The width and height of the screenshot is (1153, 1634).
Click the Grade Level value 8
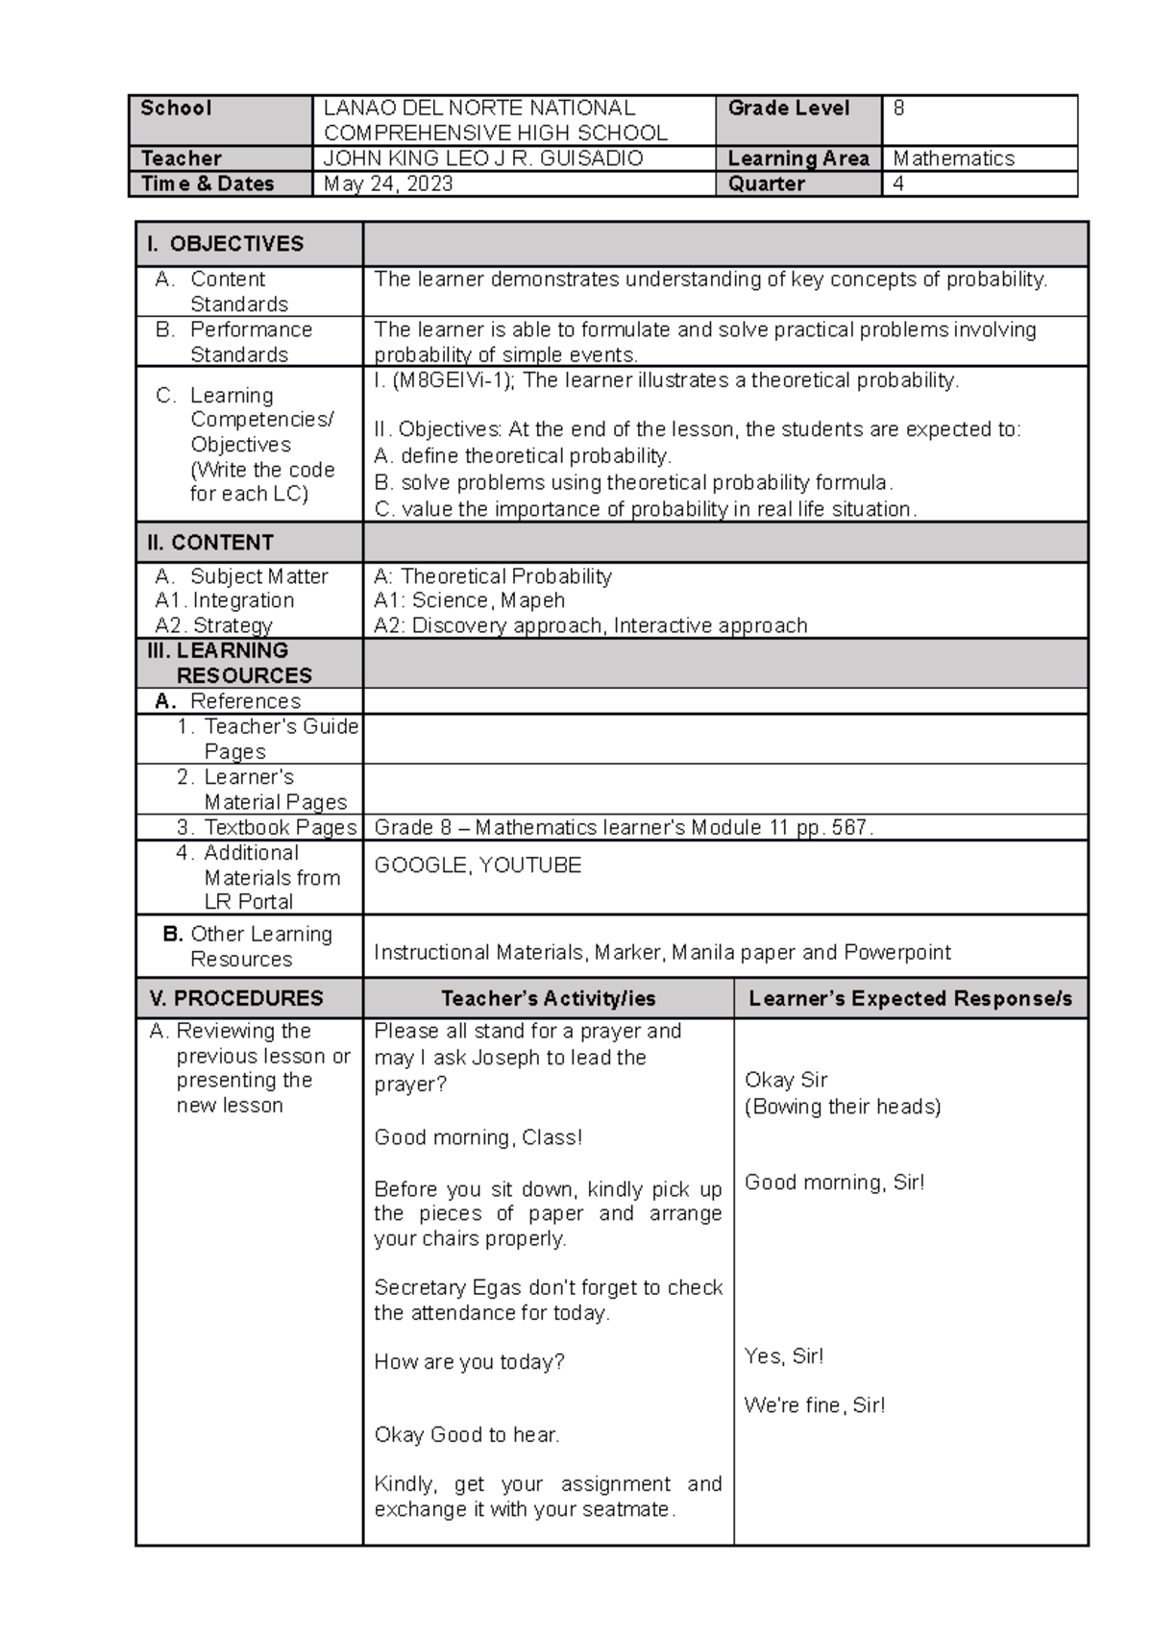pos(898,109)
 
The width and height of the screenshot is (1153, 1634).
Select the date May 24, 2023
pos(388,184)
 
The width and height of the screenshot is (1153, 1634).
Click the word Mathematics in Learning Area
pos(953,159)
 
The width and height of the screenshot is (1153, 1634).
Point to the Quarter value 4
pos(898,184)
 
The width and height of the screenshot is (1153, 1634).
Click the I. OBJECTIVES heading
pos(225,244)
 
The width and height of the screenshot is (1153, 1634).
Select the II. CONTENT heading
pos(210,543)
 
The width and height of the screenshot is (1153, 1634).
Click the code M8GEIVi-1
pos(452,380)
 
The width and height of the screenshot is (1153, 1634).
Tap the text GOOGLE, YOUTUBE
pos(478,866)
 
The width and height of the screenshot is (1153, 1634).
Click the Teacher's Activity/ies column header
pos(548,999)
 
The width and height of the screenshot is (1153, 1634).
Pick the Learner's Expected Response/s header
pos(910,999)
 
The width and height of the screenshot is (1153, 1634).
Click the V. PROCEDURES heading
pos(236,998)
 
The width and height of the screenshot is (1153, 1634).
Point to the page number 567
pos(849,827)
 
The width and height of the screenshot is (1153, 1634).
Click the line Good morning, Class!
pos(478,1137)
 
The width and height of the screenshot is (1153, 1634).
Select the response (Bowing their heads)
pos(843,1107)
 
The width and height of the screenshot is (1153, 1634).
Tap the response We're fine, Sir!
pos(814,1405)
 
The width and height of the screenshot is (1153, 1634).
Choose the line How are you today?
pos(469,1362)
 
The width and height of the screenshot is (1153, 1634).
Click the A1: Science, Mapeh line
pos(469,600)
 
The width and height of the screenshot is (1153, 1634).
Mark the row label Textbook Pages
pos(280,827)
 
